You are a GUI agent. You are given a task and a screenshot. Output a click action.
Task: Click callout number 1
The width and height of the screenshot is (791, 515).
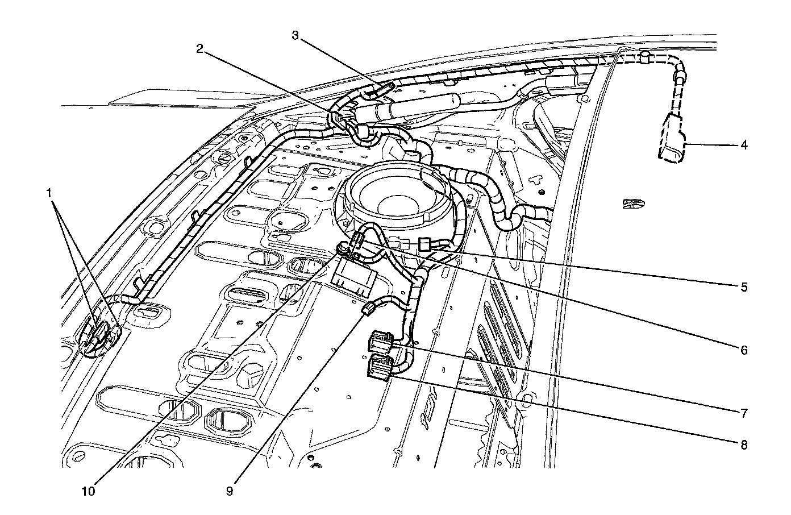click(x=51, y=194)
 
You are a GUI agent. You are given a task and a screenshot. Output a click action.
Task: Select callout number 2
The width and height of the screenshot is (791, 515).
click(x=199, y=49)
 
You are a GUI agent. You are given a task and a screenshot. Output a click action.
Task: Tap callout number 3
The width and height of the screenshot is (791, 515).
click(x=295, y=35)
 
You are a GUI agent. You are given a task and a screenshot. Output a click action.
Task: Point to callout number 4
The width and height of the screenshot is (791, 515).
click(x=744, y=145)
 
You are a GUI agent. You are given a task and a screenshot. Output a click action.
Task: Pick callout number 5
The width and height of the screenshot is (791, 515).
click(x=744, y=287)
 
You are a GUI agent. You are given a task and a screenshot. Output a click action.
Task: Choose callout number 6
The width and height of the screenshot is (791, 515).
click(x=744, y=350)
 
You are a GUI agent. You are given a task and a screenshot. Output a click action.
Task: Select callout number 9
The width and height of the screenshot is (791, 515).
click(x=230, y=492)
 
